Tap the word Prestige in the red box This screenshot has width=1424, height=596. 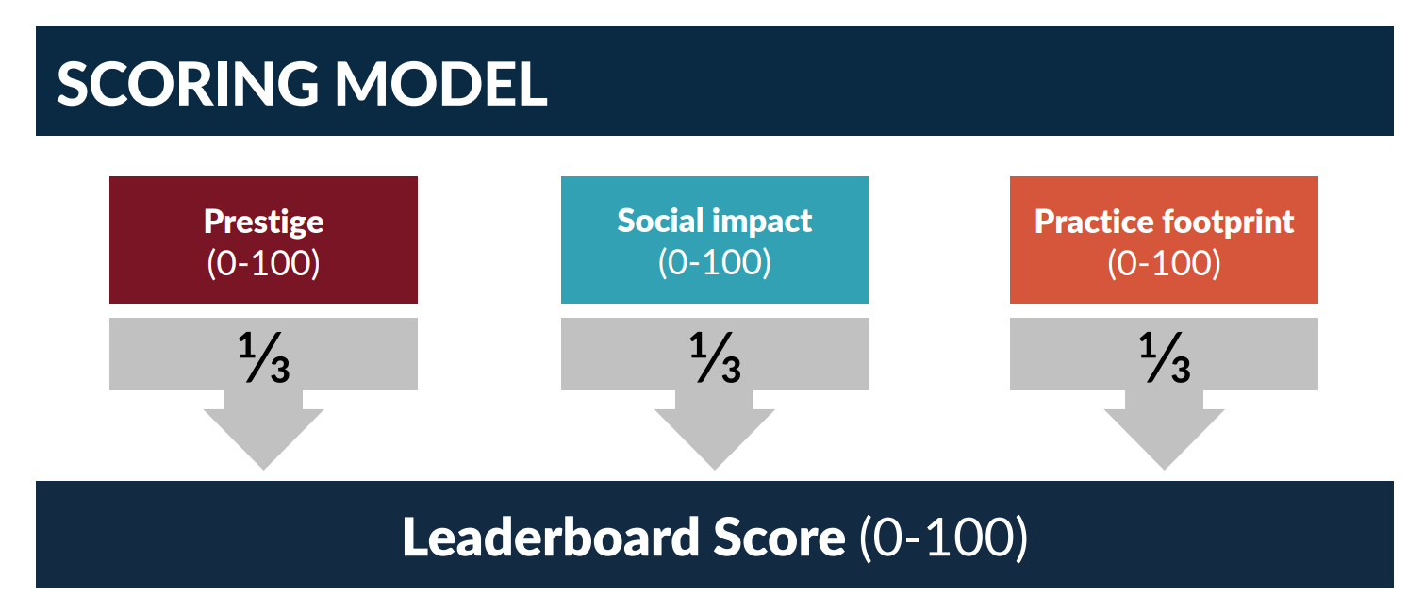pyautogui.click(x=264, y=223)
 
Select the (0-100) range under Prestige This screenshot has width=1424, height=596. pyautogui.click(x=264, y=262)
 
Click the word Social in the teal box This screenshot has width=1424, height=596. pyautogui.click(x=660, y=220)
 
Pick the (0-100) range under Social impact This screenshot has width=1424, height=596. pyautogui.click(x=715, y=262)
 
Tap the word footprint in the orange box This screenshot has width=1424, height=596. pyautogui.click(x=1229, y=223)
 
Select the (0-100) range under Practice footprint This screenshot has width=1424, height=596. pyautogui.click(x=1164, y=262)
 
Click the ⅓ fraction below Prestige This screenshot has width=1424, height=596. pyautogui.click(x=264, y=357)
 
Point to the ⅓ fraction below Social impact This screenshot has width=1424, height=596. pyautogui.click(x=715, y=357)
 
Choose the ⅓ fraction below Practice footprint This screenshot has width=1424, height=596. pyautogui.click(x=1164, y=357)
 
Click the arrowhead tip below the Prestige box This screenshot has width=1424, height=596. pyautogui.click(x=264, y=470)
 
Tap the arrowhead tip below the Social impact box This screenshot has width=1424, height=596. pyautogui.click(x=715, y=470)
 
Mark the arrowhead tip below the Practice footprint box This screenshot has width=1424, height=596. pyautogui.click(x=1164, y=470)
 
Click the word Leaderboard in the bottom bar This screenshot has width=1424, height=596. pyautogui.click(x=551, y=537)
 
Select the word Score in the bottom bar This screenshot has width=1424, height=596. pyautogui.click(x=779, y=538)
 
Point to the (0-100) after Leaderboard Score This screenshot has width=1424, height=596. pyautogui.click(x=943, y=538)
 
